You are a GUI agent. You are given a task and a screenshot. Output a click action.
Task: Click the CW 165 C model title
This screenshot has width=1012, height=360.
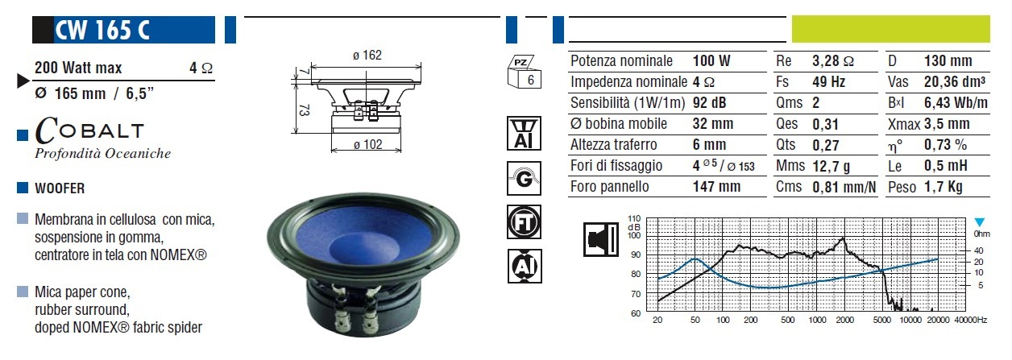102,31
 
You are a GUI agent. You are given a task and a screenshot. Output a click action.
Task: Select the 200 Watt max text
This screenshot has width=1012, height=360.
78,68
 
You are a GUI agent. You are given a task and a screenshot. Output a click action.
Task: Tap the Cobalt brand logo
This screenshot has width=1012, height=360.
89,130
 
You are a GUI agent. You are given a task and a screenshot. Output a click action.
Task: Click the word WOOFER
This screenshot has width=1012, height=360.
60,188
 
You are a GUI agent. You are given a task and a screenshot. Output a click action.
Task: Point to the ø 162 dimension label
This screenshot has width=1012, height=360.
367,55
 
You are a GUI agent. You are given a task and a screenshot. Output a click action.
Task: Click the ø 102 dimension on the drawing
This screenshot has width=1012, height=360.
367,144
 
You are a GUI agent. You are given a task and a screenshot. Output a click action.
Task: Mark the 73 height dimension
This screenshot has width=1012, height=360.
305,110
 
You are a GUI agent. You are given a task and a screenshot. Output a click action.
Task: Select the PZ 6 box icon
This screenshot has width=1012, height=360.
524,72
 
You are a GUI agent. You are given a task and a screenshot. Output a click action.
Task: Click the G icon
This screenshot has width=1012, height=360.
524,179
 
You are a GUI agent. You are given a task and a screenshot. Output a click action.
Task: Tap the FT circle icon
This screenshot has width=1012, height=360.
524,221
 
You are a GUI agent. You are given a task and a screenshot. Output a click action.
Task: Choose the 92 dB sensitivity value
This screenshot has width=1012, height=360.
709,103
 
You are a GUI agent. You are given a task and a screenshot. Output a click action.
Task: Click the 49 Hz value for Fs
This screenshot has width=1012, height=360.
828,82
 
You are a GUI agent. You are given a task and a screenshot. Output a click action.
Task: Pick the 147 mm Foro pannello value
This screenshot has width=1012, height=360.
716,187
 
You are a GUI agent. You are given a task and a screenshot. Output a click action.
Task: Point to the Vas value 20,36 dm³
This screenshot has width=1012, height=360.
955,82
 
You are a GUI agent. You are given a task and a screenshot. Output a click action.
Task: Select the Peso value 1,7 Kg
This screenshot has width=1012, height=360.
944,187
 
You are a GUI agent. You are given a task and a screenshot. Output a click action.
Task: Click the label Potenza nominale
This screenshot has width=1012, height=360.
621,61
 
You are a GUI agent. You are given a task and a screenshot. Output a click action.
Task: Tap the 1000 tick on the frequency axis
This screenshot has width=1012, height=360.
817,321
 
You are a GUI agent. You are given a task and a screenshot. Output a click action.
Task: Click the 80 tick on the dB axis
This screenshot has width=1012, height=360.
636,274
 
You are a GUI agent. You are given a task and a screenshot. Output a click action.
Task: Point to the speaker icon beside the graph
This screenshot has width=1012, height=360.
601,239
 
